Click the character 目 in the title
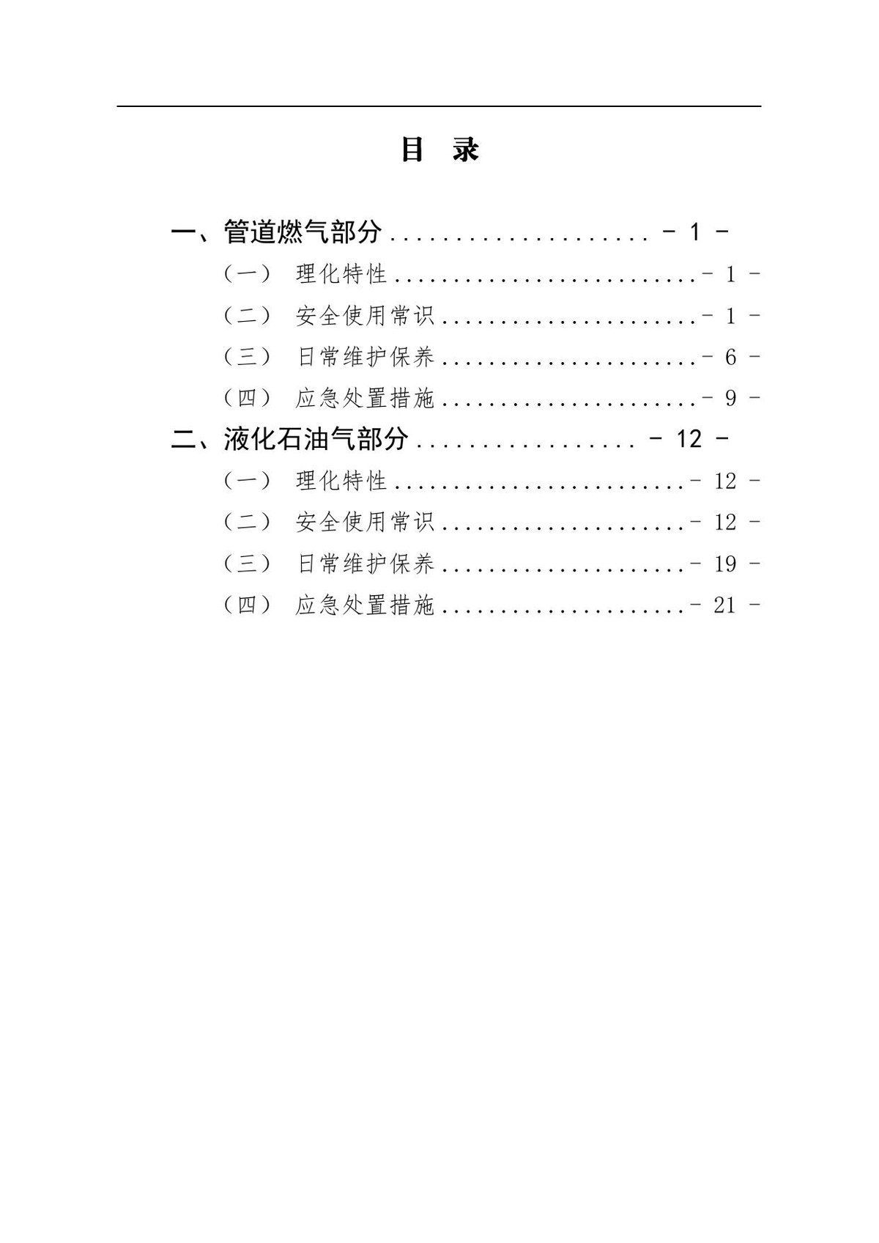pyautogui.click(x=412, y=150)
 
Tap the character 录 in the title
pyautogui.click(x=465, y=150)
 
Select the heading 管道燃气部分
pyautogui.click(x=303, y=232)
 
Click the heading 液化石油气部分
pyautogui.click(x=316, y=439)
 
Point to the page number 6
pyautogui.click(x=731, y=358)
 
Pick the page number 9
pyautogui.click(x=731, y=399)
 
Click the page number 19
pyautogui.click(x=725, y=564)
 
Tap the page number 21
pyautogui.click(x=725, y=605)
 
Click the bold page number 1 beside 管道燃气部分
pyautogui.click(x=695, y=232)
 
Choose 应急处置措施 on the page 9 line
pyautogui.click(x=365, y=399)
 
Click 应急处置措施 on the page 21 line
pyautogui.click(x=365, y=605)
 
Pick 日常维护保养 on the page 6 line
pyautogui.click(x=365, y=358)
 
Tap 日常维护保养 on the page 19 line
pyautogui.click(x=365, y=564)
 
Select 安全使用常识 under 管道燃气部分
pyautogui.click(x=365, y=316)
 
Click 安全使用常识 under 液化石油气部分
pyautogui.click(x=365, y=523)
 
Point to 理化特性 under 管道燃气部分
pyautogui.click(x=341, y=274)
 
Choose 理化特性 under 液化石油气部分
pyautogui.click(x=341, y=481)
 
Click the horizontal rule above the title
pyautogui.click(x=439, y=106)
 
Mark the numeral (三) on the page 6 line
pyautogui.click(x=248, y=358)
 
